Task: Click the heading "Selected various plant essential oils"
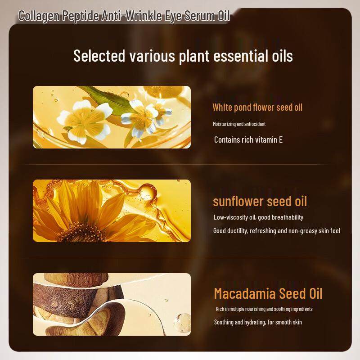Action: (183, 56)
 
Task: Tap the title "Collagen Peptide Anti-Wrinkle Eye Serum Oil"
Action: (124, 16)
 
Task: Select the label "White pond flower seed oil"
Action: (257, 107)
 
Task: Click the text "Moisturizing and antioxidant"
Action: (242, 124)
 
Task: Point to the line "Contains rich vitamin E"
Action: (248, 139)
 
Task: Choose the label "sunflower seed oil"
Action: (260, 201)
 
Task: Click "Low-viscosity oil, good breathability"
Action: (258, 217)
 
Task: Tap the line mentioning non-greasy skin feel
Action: (277, 231)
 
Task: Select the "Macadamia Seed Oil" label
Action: (268, 293)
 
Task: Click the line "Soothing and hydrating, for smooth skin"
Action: (258, 322)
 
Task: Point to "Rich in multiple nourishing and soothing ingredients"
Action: (264, 309)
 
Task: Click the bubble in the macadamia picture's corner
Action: (182, 322)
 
